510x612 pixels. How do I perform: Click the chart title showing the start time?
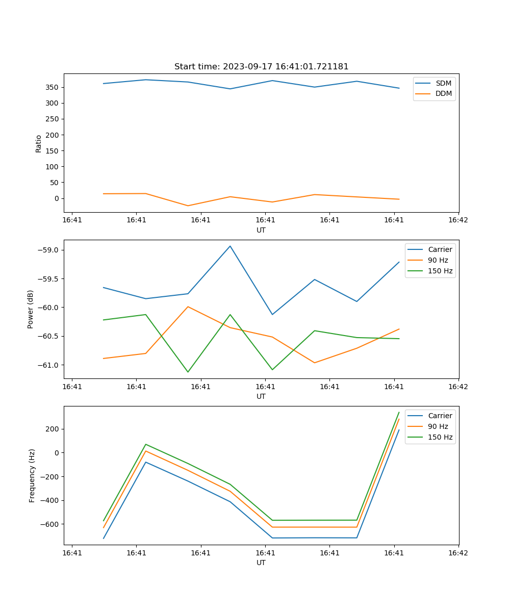click(261, 67)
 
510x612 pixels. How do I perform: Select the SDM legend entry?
click(443, 83)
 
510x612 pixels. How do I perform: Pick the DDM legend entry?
click(443, 93)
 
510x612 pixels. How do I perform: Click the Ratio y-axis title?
click(39, 143)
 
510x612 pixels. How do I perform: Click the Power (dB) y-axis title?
click(31, 309)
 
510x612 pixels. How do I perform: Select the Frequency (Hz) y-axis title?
click(32, 475)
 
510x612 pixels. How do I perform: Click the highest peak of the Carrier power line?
click(230, 246)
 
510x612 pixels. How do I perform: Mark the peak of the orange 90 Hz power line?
click(188, 307)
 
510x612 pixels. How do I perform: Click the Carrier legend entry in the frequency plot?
click(440, 416)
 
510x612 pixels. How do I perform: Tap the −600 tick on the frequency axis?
click(49, 524)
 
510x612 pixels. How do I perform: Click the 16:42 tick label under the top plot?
click(458, 220)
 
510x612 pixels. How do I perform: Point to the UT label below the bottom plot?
click(261, 563)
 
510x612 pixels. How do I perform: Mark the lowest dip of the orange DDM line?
click(188, 206)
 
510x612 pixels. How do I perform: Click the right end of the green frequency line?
click(399, 412)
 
